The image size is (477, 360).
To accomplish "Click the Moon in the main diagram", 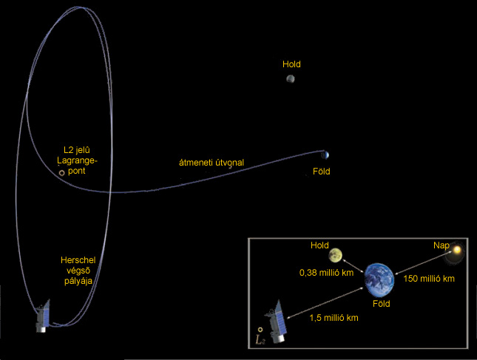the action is coord(291,79).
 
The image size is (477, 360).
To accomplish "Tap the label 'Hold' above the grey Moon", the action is coord(291,64).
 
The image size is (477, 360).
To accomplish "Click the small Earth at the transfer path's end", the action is coord(326,155).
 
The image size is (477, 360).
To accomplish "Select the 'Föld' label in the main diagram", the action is coord(322,171).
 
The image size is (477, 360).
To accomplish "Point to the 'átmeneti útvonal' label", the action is coord(212,163).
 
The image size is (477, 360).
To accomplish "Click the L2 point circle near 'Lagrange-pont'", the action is coord(62,173).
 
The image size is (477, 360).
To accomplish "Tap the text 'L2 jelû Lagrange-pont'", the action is coord(77,160).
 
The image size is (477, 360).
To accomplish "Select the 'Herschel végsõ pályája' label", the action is coord(78,271).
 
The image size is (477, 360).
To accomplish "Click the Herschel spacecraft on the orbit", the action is coord(43,316).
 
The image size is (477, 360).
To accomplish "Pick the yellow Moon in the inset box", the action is coord(335,255).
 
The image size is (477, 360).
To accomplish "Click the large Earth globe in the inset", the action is coord(379,280).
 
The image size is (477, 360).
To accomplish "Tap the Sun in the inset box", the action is coord(456,251).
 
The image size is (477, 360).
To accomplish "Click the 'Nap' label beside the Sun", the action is coord(441,245).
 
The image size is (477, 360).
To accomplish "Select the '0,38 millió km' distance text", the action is coord(326,273).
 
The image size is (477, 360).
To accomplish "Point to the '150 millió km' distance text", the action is coord(429,279).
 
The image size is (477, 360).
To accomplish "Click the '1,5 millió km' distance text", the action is coord(334,318).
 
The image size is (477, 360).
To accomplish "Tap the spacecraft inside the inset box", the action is coord(277,322).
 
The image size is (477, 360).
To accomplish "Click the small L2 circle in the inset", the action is coord(260,329).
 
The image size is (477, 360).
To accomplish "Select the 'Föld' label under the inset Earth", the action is coord(382,303).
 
